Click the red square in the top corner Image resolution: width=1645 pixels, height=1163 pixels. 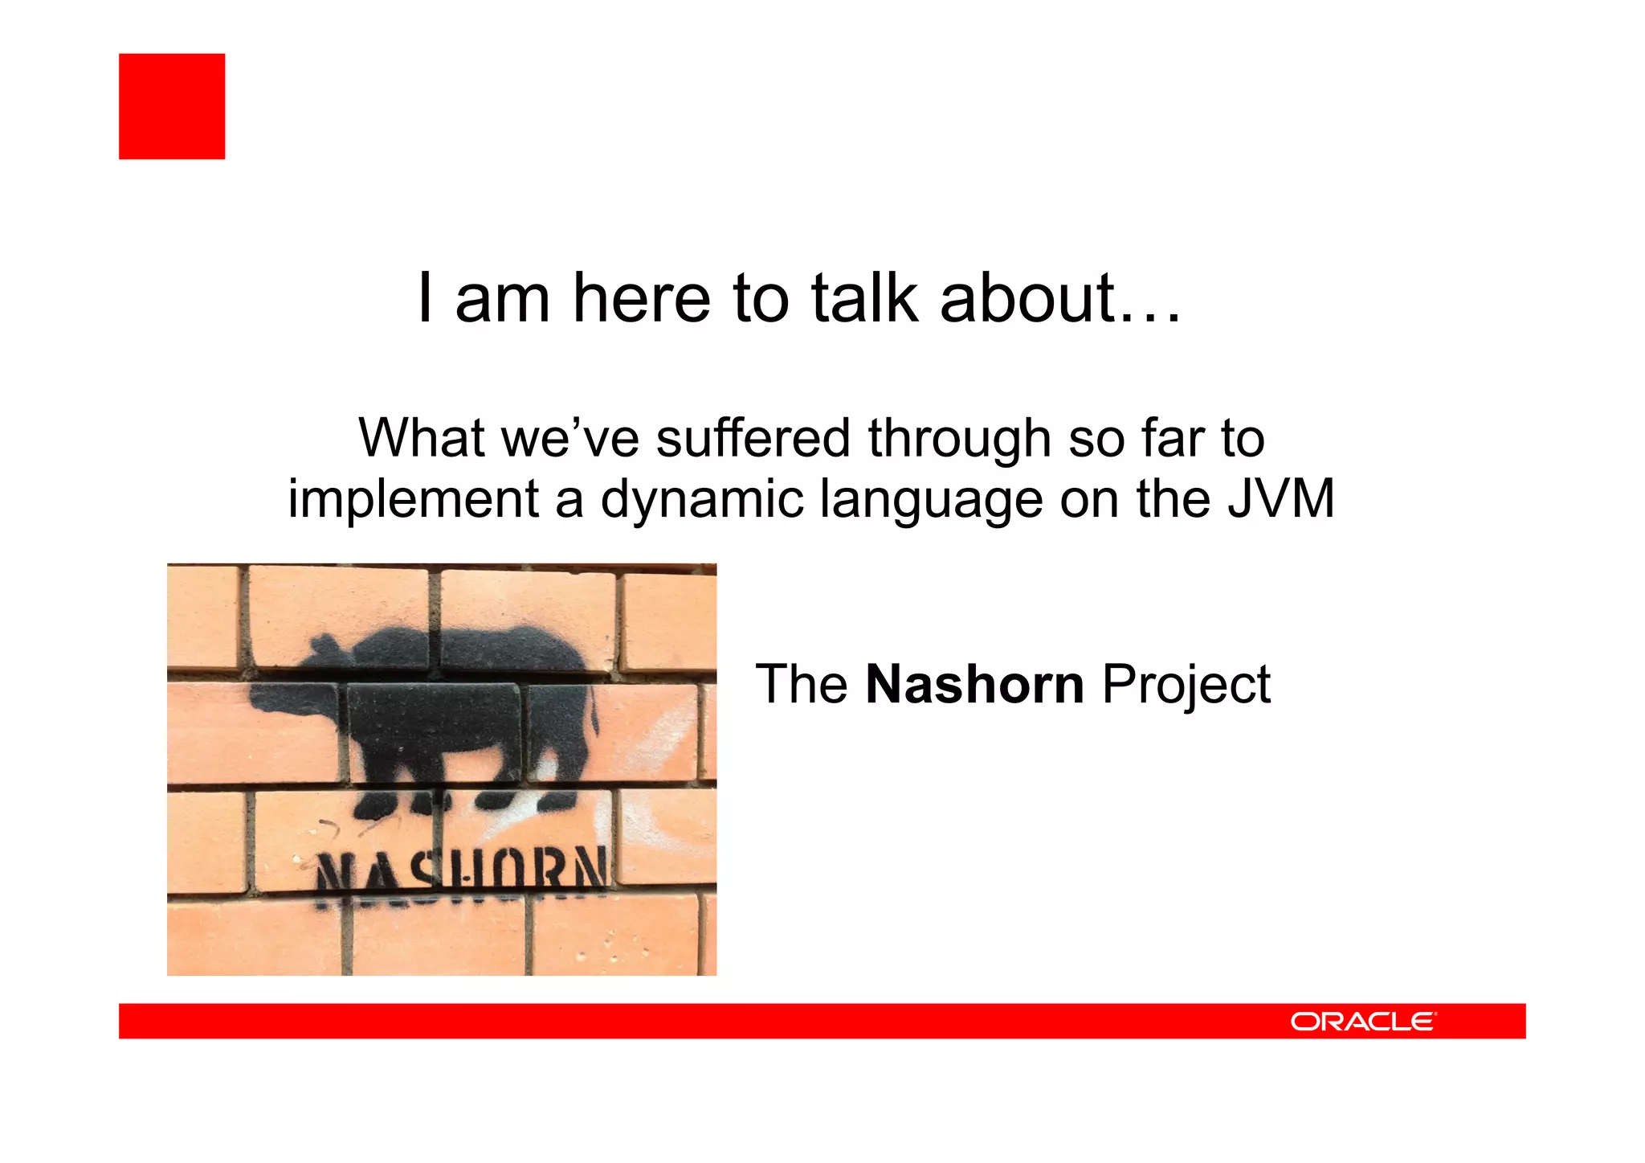(172, 106)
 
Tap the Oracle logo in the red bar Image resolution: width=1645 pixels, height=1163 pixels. (1362, 1022)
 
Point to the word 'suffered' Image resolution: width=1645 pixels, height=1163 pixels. (753, 439)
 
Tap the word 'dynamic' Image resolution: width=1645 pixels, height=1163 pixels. (702, 500)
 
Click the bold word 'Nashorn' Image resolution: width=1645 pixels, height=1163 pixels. (974, 684)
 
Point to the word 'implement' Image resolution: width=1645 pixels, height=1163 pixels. (413, 500)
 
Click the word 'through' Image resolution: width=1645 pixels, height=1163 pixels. (959, 440)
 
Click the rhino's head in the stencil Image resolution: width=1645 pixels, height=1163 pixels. (321, 683)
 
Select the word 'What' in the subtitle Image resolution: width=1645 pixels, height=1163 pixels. (421, 439)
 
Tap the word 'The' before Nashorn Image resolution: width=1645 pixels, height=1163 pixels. (801, 684)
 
